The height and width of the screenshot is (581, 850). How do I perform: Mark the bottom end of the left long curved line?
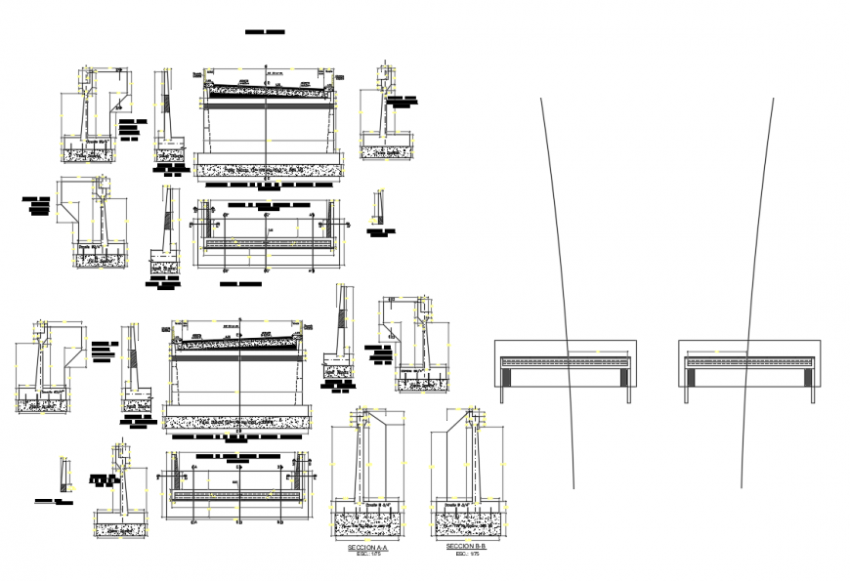(574, 487)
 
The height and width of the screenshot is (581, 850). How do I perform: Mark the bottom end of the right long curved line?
(741, 487)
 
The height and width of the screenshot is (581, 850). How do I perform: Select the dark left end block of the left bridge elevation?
(503, 372)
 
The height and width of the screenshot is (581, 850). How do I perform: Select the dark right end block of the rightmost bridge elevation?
(808, 372)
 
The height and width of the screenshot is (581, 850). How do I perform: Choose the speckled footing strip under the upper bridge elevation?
(268, 170)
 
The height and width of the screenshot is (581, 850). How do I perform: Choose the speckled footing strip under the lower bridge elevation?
(237, 423)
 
